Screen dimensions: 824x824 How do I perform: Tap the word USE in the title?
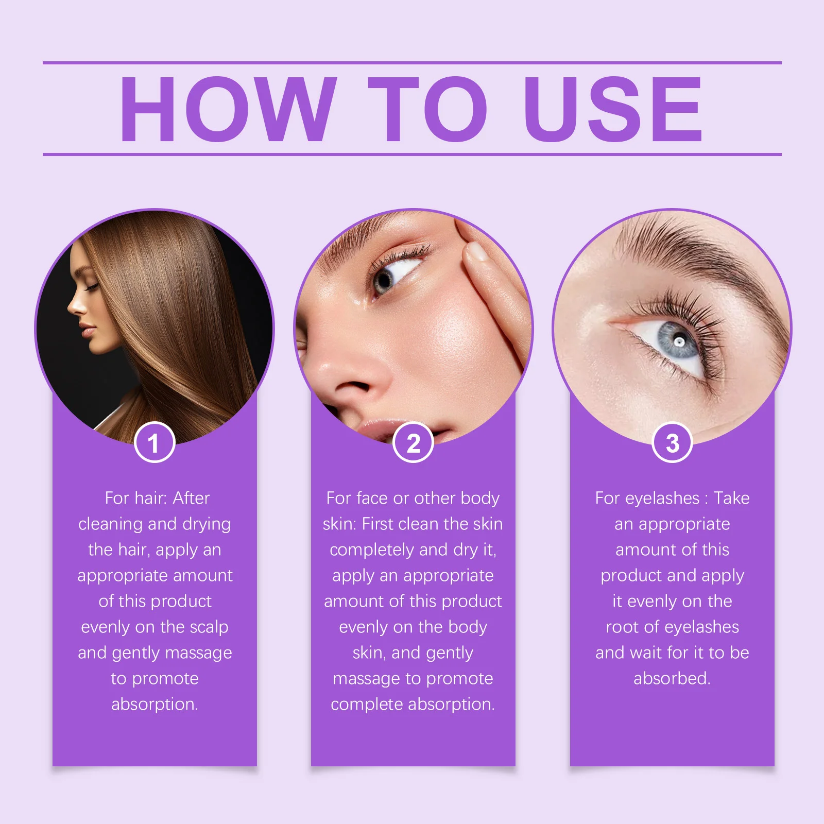coord(613,109)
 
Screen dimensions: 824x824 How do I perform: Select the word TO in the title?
coord(427,109)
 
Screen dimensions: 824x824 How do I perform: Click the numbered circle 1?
coord(154,442)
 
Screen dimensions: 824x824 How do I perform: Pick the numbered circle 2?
coord(413,442)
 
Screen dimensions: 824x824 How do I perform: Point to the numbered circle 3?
coord(672,442)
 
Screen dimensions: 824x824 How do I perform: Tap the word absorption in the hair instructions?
coord(154,705)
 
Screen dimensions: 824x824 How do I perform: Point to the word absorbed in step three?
coord(672,679)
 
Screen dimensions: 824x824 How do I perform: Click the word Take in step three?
coord(731,499)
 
